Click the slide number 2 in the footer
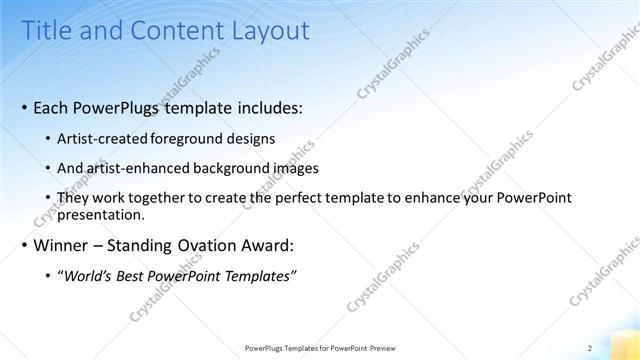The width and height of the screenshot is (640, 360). tap(590, 347)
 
